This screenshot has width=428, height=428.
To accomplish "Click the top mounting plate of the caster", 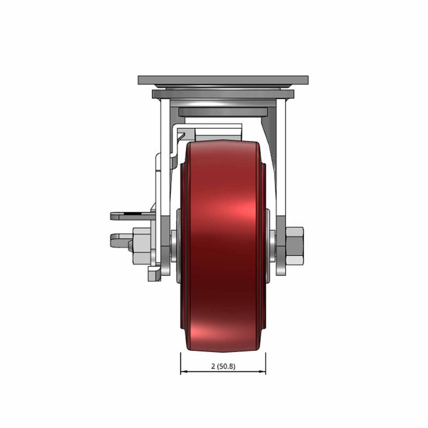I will pos(223,80).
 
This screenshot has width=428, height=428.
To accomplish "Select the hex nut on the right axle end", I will pos(295,246).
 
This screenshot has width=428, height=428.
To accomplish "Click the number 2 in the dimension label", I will pos(213,366).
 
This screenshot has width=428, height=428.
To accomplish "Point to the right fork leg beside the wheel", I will pos(281,187).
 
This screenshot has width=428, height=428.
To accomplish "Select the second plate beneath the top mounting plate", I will pos(223,94).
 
